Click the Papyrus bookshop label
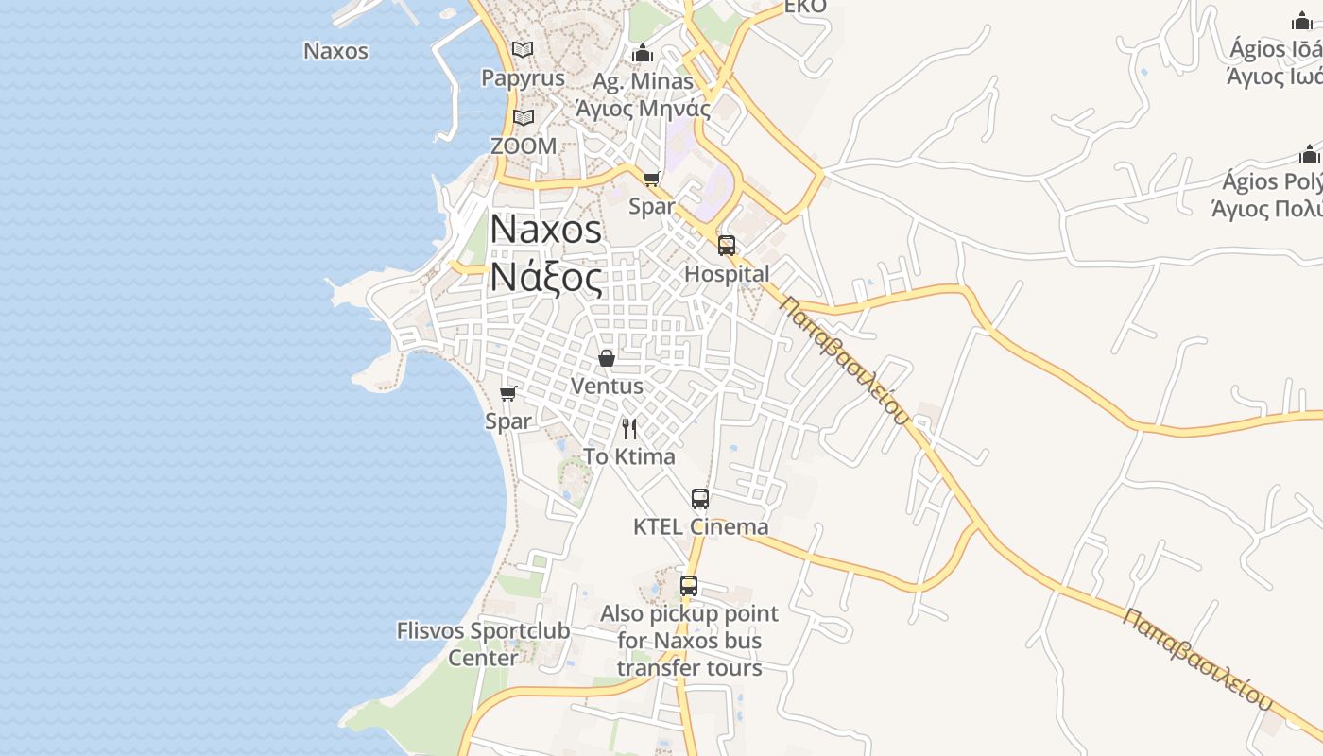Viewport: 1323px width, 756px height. [523, 77]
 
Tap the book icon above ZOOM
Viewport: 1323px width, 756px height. [524, 117]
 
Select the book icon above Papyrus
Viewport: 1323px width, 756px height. [523, 49]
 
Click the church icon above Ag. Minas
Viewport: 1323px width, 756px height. [644, 52]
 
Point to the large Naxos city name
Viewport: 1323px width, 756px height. [545, 230]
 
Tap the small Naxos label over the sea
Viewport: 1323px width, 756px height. [335, 51]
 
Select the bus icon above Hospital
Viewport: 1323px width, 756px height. [726, 246]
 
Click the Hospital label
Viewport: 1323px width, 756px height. [727, 274]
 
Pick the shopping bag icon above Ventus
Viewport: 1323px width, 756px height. [607, 358]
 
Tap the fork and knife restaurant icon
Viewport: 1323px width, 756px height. [629, 429]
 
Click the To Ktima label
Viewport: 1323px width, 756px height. [629, 456]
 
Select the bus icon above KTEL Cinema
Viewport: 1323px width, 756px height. [700, 499]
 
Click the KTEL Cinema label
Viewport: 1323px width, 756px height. [700, 526]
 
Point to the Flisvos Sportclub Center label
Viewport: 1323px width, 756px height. [483, 644]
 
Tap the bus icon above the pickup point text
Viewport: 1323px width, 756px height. [689, 586]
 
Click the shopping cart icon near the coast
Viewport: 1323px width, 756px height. [508, 393]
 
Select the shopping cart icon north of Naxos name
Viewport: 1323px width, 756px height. [651, 179]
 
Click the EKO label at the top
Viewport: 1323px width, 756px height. [805, 7]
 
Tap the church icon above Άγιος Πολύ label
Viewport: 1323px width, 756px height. [1309, 154]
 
